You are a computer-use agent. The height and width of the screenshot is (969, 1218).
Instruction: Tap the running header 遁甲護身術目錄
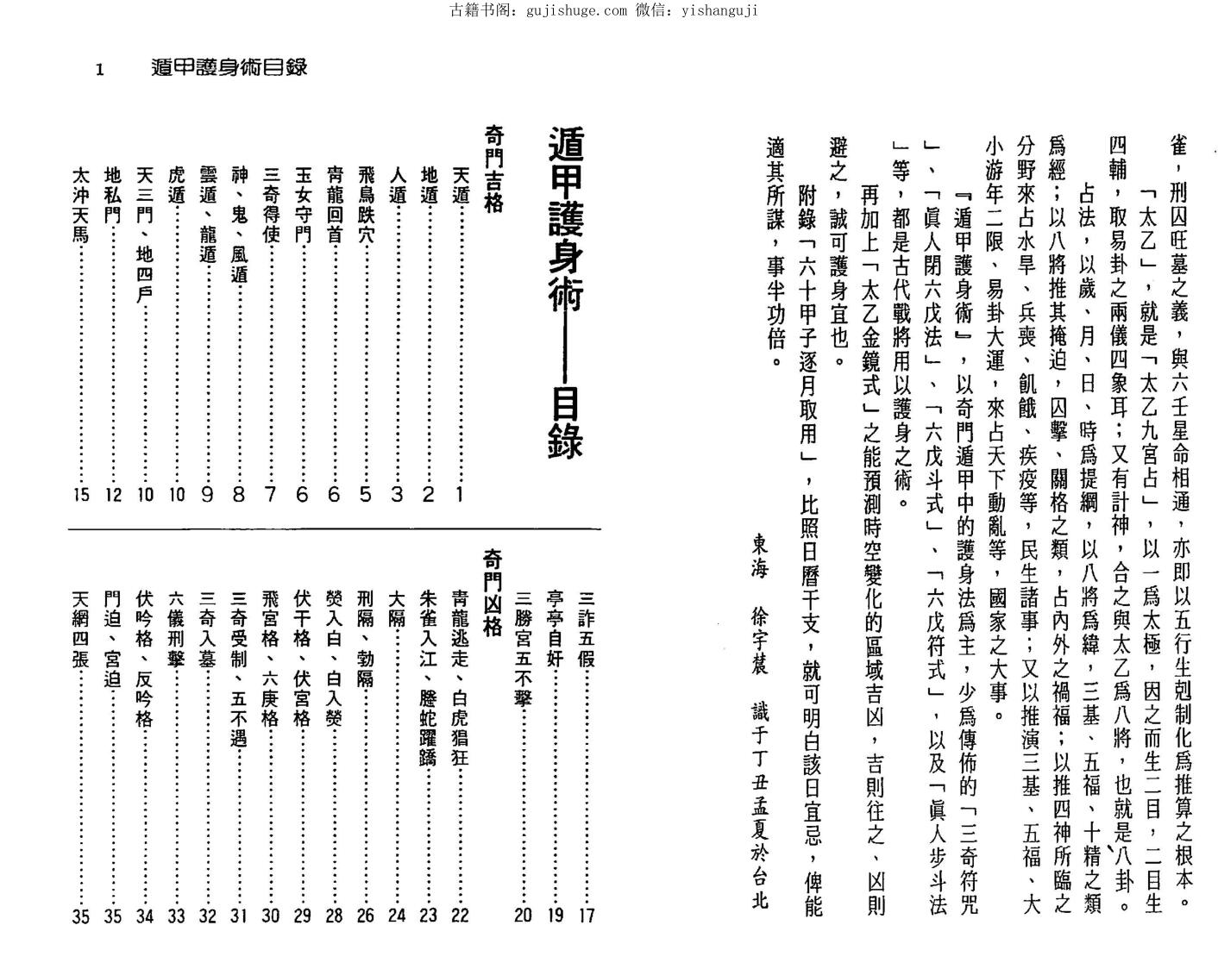point(229,68)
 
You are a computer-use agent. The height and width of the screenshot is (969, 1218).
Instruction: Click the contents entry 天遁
point(461,184)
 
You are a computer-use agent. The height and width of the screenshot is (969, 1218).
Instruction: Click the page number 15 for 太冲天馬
point(81,494)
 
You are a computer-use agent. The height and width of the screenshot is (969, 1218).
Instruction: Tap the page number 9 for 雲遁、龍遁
point(207,494)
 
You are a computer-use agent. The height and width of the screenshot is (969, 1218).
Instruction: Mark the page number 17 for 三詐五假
point(587,915)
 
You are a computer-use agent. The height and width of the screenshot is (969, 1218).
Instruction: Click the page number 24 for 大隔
point(397,915)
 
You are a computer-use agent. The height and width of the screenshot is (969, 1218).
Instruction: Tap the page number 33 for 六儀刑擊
point(176,915)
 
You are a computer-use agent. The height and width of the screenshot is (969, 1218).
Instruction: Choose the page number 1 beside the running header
point(100,70)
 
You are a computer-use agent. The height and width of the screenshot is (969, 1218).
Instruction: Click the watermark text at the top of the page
point(604,10)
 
